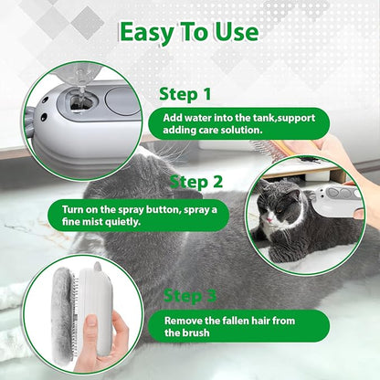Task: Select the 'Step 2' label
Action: tap(195, 181)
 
